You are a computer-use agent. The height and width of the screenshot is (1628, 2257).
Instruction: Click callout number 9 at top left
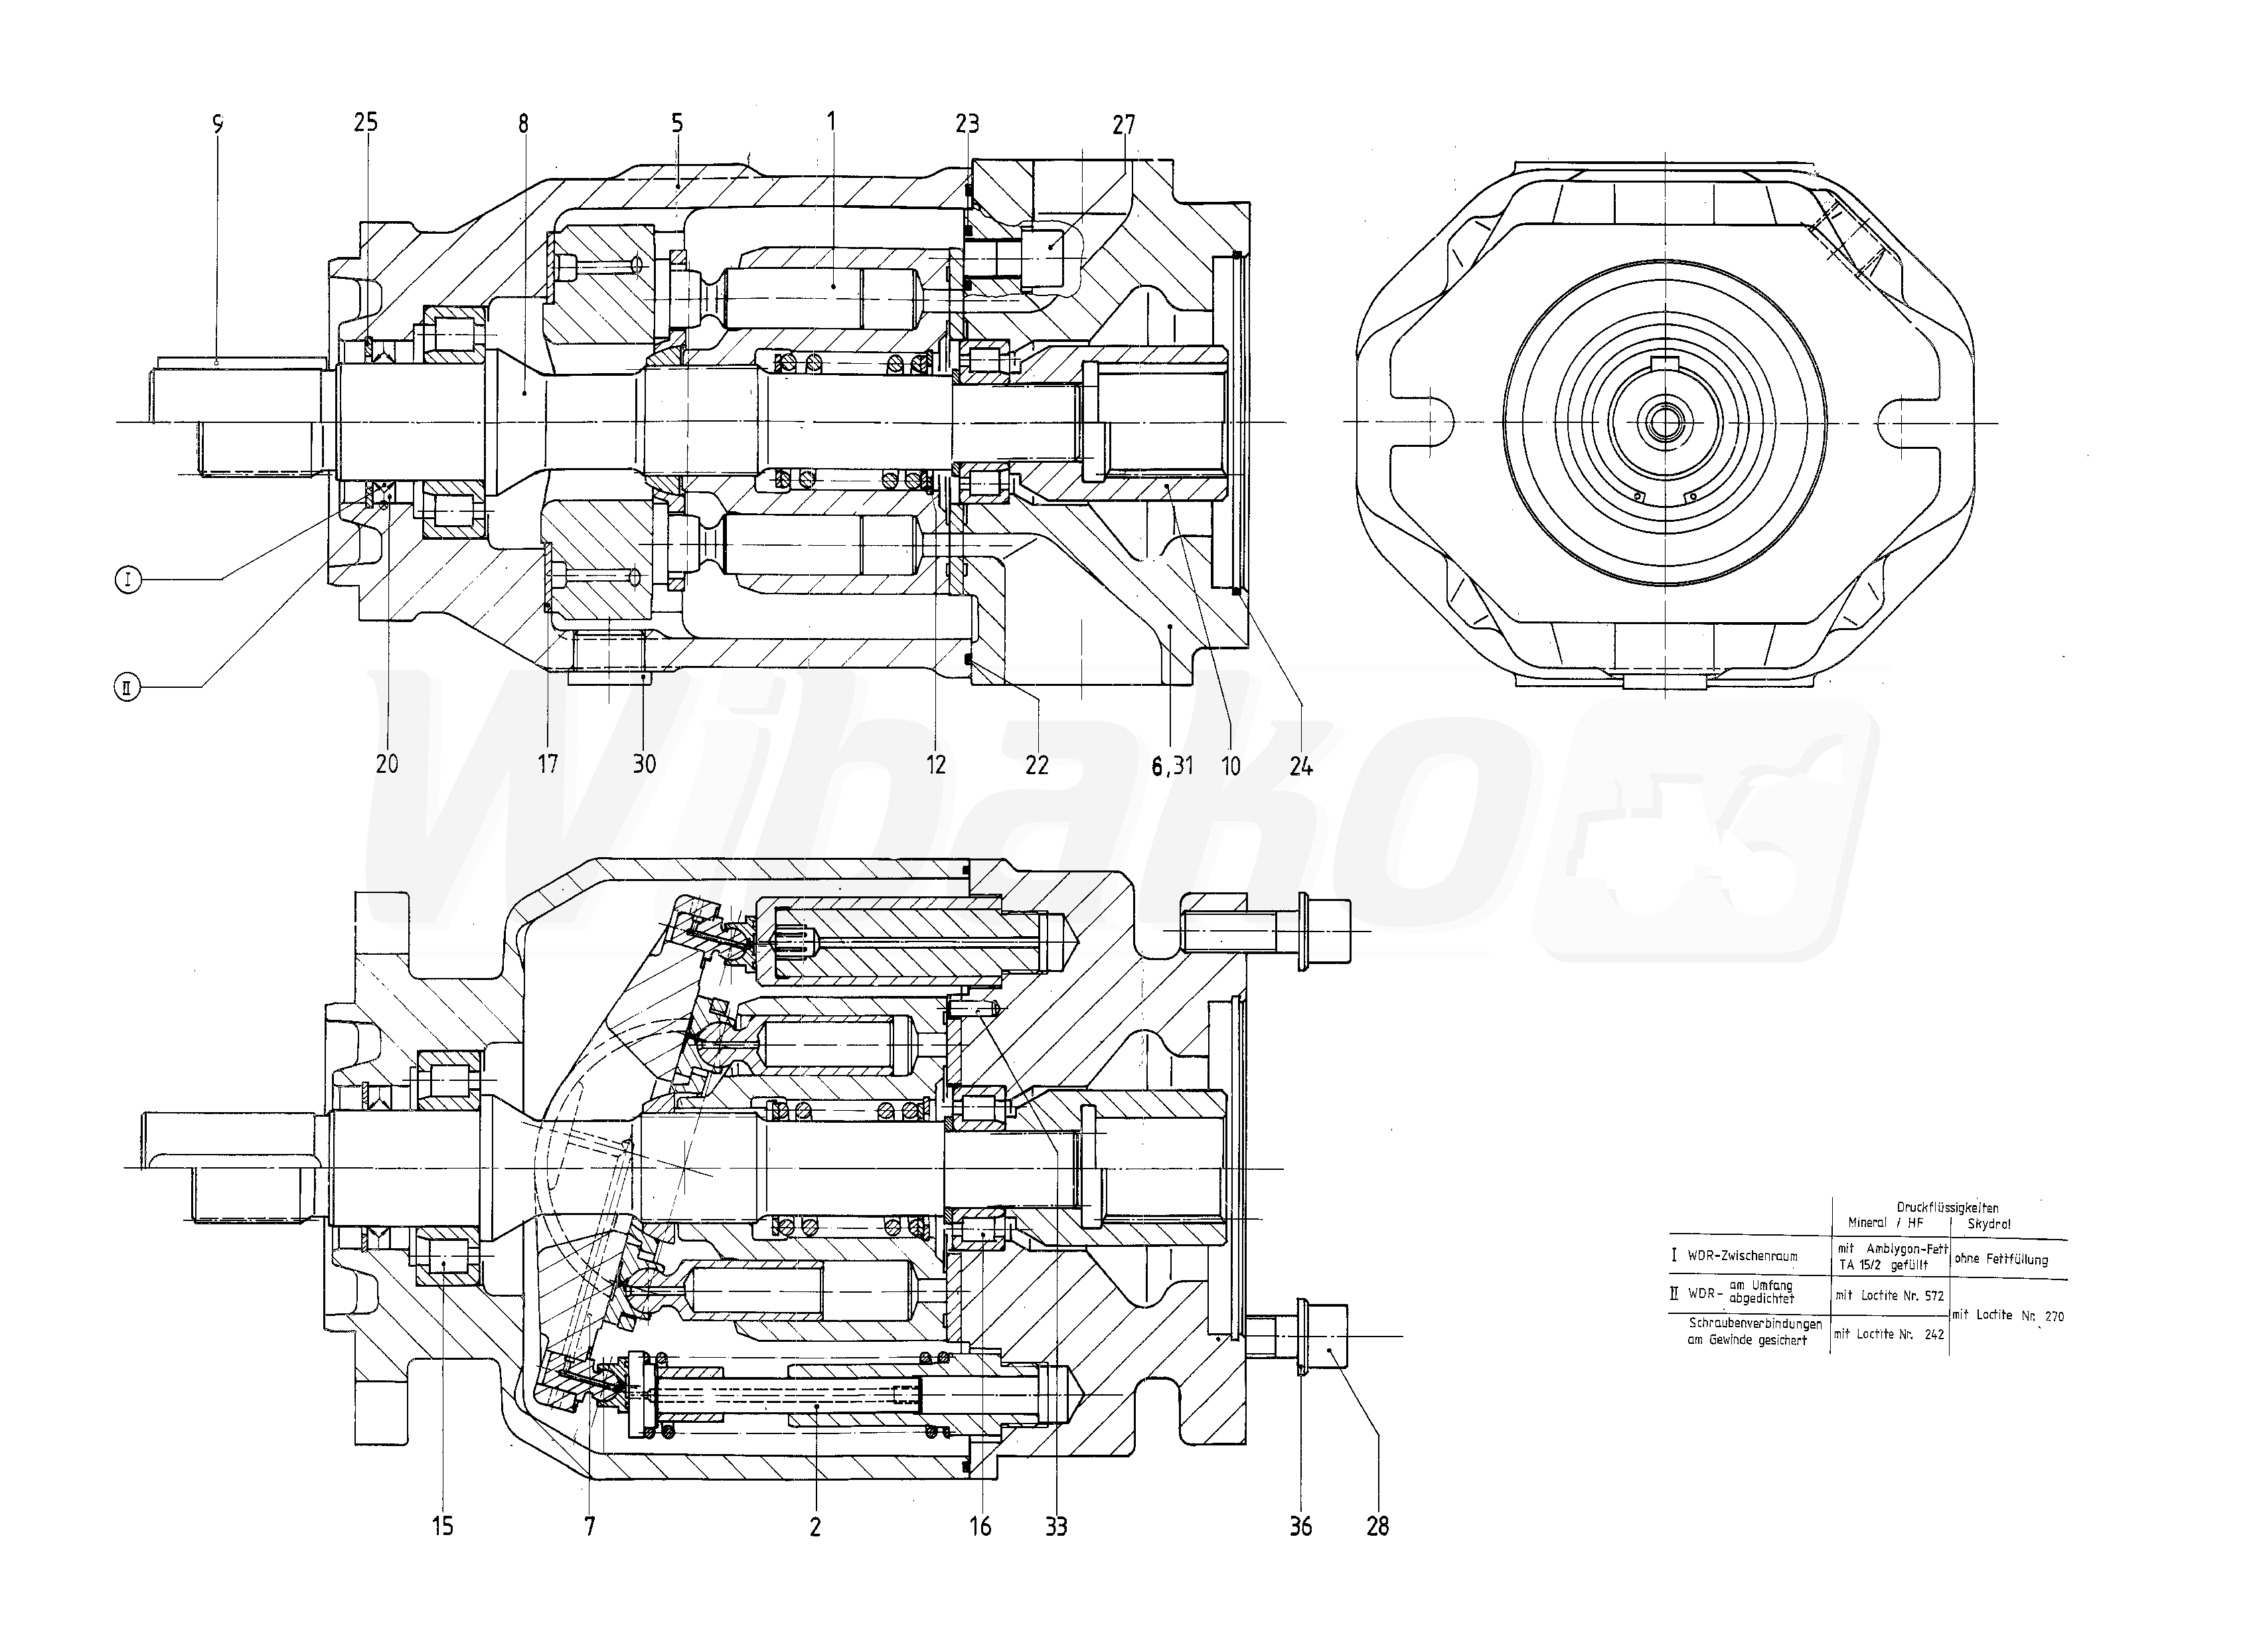218,123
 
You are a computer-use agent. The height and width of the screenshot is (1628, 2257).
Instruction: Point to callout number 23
967,123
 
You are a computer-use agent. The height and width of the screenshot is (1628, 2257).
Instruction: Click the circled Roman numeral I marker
128,579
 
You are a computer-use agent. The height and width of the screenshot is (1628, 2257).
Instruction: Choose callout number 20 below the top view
387,764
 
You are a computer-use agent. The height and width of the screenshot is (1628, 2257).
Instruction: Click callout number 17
548,764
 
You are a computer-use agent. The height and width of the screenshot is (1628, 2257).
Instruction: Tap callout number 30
645,764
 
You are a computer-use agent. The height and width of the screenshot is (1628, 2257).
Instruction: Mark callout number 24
1300,766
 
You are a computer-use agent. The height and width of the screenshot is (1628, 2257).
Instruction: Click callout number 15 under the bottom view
443,1526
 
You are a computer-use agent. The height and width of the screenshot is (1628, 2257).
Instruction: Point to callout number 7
590,1526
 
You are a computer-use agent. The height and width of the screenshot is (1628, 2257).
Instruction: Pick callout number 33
1056,1526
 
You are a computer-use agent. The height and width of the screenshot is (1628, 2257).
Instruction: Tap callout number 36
1300,1526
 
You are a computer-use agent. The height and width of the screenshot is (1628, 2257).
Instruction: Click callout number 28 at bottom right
1377,1526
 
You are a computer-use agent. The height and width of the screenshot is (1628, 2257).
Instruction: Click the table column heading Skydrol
1990,1223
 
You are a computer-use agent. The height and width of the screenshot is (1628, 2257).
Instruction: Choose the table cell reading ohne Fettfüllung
2001,1259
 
